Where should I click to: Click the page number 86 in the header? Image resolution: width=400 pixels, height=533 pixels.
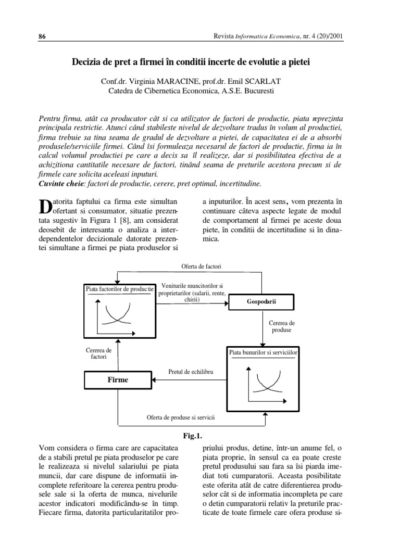pos(43,36)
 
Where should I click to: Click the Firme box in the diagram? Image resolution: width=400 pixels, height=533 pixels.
pos(118,380)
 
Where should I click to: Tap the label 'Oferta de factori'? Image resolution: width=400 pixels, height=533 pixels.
pos(201,266)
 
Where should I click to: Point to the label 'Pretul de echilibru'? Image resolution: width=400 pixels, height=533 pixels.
pos(191,372)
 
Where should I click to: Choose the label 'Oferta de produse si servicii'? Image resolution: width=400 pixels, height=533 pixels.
pos(181,417)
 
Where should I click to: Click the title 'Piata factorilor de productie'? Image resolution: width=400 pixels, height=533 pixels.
pos(119,288)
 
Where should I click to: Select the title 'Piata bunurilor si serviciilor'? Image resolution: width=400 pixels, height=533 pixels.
pos(263,352)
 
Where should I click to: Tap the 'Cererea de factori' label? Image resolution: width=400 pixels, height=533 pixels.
pos(98,354)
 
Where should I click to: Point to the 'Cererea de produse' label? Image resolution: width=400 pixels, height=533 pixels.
pos(282,326)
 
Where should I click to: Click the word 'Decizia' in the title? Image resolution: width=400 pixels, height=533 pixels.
pos(86,62)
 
